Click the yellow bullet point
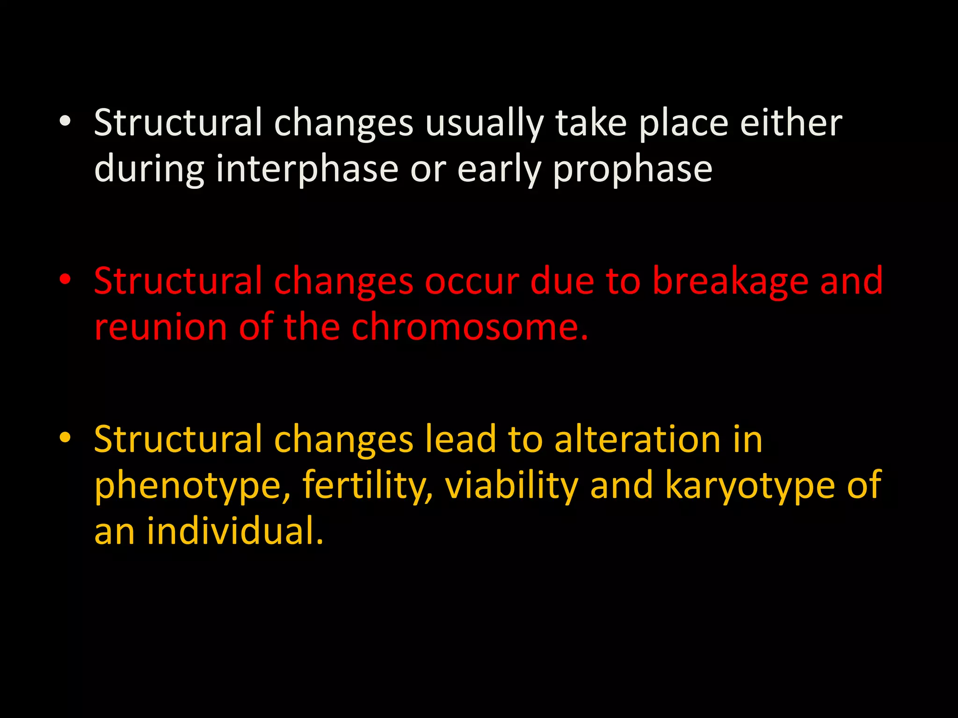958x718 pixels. [65, 438]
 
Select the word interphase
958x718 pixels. [307, 169]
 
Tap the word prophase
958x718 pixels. [632, 169]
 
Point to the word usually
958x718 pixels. [484, 123]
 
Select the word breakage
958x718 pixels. [730, 281]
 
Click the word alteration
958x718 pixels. [637, 439]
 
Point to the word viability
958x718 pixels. [511, 485]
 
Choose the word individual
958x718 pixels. [235, 531]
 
